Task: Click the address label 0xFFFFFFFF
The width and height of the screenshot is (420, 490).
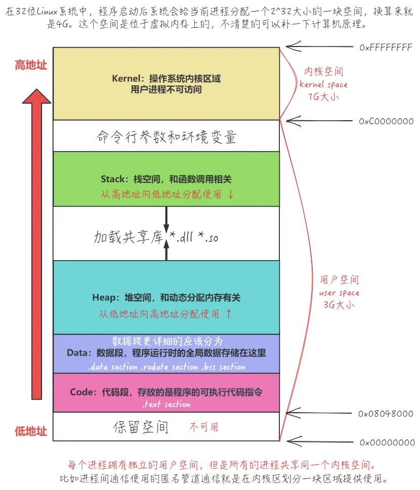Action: point(386,47)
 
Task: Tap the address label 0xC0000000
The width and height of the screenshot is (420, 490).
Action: point(386,121)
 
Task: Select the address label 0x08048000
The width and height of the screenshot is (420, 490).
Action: point(386,414)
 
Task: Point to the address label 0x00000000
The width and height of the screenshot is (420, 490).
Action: point(387,443)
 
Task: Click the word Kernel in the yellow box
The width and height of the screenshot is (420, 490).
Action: point(126,78)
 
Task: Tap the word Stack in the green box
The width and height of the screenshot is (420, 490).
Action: point(113,179)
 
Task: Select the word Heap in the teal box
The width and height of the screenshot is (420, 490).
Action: point(104,298)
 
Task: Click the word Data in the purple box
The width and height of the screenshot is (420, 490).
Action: point(77,353)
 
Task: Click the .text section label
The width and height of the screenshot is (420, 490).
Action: point(166,404)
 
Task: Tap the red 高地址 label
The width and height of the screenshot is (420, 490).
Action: point(31,65)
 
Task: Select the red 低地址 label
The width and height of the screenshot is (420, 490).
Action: point(31,431)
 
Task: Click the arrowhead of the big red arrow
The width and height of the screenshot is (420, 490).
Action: point(36,96)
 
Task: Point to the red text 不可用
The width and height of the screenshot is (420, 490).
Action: point(204,427)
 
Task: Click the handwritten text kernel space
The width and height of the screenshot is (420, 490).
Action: point(323,84)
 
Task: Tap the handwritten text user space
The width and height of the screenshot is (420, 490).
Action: point(339,293)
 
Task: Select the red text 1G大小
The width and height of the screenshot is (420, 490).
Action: point(324,96)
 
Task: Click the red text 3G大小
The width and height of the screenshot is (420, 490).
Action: point(339,305)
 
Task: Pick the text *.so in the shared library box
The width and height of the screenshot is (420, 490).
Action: point(208,237)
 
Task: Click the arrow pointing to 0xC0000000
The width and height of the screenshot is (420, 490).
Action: point(319,121)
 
